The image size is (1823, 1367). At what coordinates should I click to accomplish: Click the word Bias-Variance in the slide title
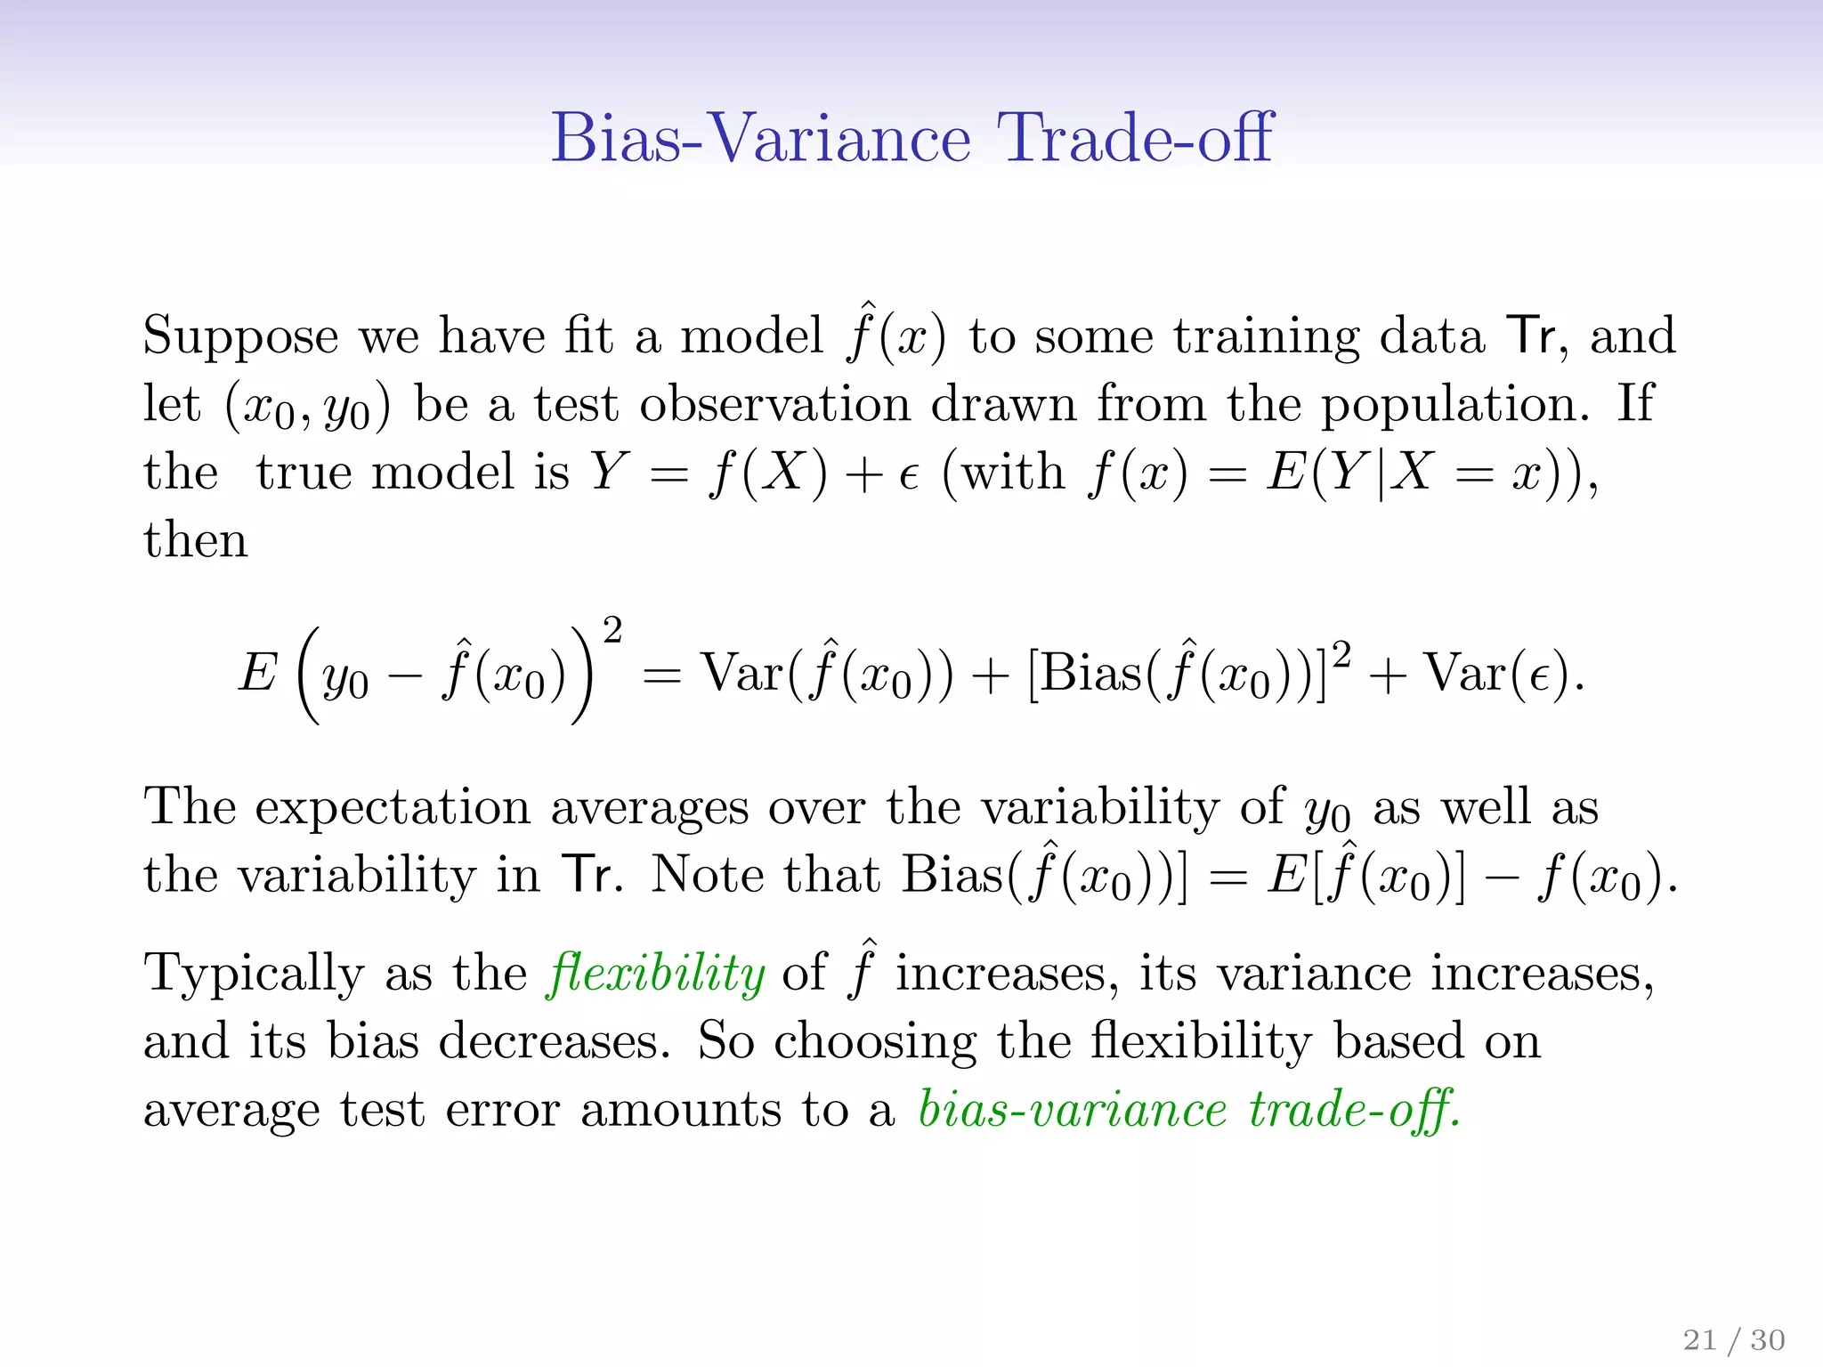[760, 138]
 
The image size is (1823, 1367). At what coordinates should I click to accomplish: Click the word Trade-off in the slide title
[1135, 138]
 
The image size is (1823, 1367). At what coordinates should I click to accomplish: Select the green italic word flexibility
[656, 973]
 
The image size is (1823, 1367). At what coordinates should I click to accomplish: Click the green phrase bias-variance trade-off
[1189, 1110]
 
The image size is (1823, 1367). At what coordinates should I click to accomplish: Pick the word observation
[775, 405]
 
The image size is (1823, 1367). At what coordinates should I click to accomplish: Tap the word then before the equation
[196, 540]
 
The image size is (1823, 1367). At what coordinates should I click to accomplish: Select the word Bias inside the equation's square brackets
[1091, 673]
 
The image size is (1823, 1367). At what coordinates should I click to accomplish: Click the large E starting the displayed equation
[258, 673]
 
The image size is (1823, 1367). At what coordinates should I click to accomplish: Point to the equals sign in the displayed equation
[661, 676]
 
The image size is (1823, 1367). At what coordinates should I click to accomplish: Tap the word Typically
[254, 975]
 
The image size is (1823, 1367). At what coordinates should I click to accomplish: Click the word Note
[707, 875]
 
